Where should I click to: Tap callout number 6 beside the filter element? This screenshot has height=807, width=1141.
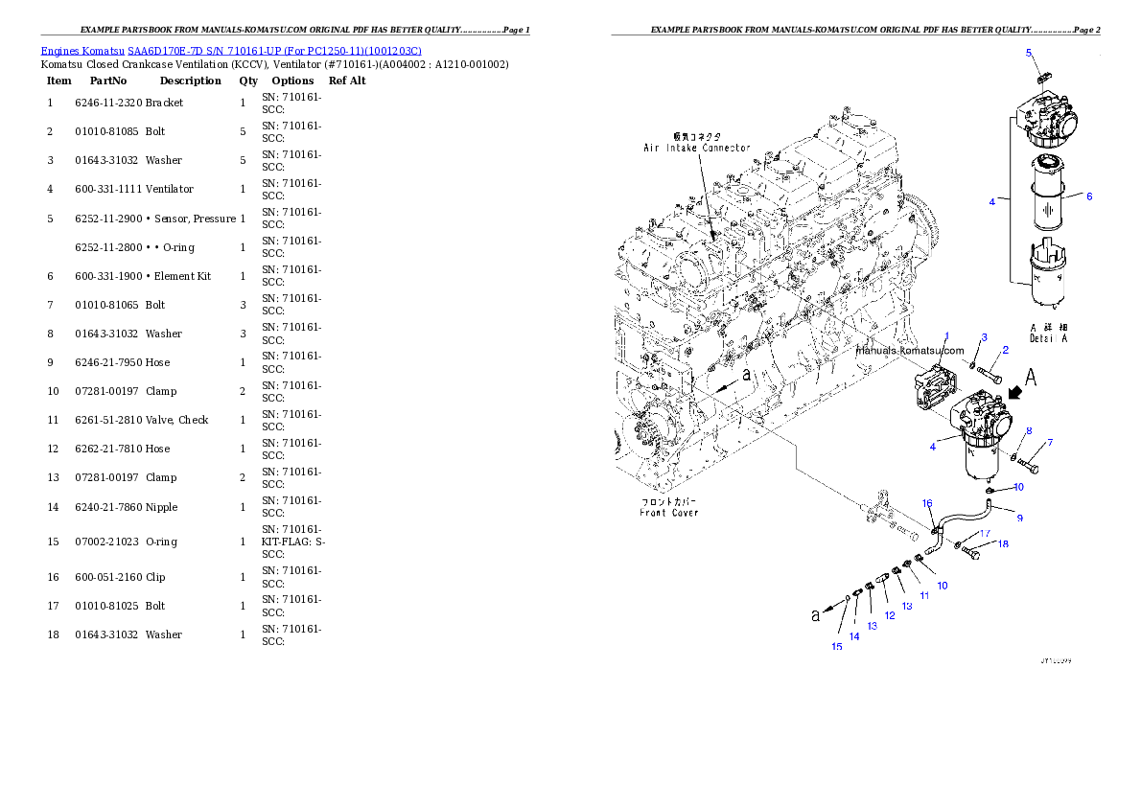pyautogui.click(x=1088, y=196)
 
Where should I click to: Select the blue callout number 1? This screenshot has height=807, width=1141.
pyautogui.click(x=945, y=336)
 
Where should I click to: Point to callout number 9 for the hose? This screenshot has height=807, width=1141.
pyautogui.click(x=1019, y=518)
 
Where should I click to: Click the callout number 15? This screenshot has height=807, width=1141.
pyautogui.click(x=836, y=647)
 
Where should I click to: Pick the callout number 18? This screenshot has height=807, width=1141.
pyautogui.click(x=1003, y=544)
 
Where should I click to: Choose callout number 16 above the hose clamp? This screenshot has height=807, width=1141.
pyautogui.click(x=927, y=503)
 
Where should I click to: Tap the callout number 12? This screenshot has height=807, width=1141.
pyautogui.click(x=890, y=615)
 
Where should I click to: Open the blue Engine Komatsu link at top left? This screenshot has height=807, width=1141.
pyautogui.click(x=231, y=50)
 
